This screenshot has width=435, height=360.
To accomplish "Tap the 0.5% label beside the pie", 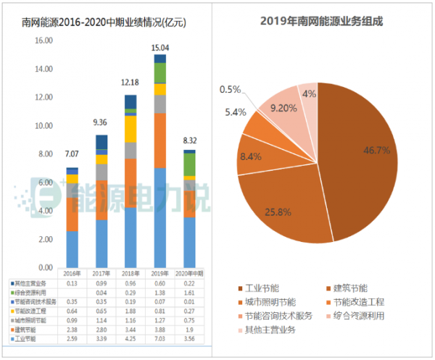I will point(230,89).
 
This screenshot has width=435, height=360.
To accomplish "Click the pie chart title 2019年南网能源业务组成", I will point(321,21).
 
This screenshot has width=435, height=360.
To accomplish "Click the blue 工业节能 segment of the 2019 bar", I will point(160,217).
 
